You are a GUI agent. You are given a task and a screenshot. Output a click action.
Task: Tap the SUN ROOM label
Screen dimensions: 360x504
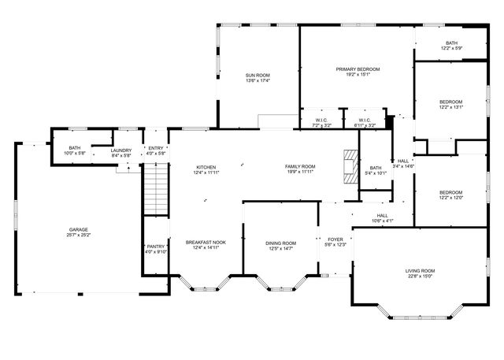tap(258, 75)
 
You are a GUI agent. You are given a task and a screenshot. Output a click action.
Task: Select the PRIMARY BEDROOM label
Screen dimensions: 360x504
tap(358, 69)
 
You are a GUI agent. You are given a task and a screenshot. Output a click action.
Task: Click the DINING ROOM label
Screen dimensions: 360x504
tap(280, 243)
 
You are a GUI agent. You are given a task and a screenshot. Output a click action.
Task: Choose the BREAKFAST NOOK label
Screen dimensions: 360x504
tap(206, 242)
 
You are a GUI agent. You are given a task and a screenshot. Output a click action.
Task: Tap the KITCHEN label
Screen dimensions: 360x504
tap(206, 167)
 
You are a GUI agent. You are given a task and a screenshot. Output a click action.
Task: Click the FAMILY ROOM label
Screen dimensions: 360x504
tap(300, 167)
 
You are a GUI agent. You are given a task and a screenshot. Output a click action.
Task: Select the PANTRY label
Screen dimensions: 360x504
tap(156, 246)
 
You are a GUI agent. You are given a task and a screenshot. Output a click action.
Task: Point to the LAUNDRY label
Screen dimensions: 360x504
tap(120, 150)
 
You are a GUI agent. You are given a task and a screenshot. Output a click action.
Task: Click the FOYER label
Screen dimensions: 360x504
tap(335, 239)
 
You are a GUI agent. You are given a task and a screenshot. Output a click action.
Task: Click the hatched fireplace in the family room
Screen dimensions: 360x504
tap(350, 167)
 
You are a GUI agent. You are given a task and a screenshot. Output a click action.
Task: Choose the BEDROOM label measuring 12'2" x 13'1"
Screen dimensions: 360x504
tap(451, 102)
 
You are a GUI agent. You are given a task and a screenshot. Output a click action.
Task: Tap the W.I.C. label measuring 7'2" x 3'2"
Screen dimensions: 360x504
tap(321, 120)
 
